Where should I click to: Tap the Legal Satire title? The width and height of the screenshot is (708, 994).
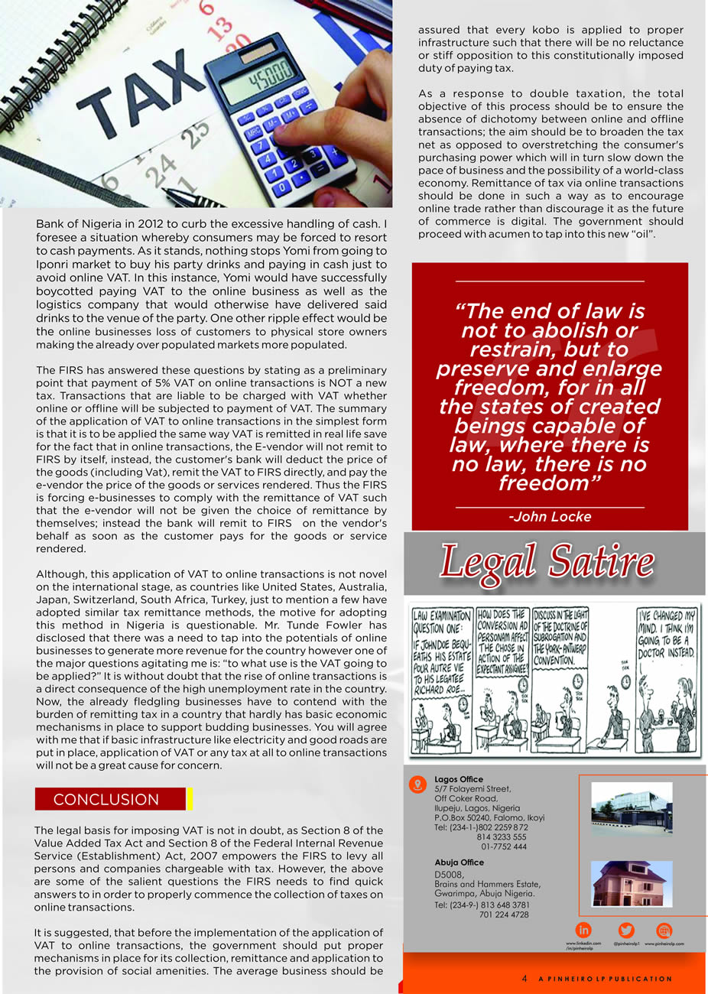(547, 562)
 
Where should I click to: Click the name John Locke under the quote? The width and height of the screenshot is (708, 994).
(550, 517)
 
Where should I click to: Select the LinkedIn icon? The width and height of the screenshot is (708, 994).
(583, 930)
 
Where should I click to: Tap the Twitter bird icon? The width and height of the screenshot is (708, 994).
(625, 930)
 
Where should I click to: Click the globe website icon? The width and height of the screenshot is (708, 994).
(664, 930)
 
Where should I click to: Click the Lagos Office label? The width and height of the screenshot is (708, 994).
(459, 779)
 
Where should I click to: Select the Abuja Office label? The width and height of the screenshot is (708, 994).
(459, 862)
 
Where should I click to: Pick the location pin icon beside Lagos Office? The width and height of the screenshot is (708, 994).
(417, 784)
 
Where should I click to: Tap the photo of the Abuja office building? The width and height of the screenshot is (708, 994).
(632, 884)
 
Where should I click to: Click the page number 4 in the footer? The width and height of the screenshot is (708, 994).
(525, 979)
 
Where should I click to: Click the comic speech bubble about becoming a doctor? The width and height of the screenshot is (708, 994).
(667, 632)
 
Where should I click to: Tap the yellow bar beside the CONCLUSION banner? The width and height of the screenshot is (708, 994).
(189, 799)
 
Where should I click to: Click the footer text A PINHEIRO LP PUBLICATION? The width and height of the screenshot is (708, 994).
(605, 979)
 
